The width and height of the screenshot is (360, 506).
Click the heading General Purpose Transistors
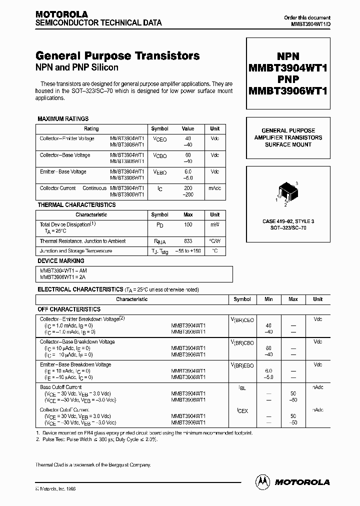[x=117, y=56]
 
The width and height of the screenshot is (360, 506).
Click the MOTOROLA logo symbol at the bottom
[x=261, y=481]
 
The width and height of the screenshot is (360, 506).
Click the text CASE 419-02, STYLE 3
[x=288, y=220]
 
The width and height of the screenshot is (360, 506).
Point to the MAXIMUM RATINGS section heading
[x=63, y=119]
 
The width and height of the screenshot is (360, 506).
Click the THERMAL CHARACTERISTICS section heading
[x=76, y=205]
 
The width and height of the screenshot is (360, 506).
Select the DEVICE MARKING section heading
[x=61, y=261]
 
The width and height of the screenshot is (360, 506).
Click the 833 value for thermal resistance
[x=188, y=241]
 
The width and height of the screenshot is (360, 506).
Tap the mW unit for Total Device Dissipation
[x=215, y=225]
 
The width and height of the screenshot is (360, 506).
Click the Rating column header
[x=91, y=128]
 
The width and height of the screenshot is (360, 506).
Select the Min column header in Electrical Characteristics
[x=268, y=299]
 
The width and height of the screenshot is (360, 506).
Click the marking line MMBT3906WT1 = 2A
[x=63, y=276]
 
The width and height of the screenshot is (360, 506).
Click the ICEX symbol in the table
[x=242, y=411]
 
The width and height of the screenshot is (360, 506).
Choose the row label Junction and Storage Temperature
[x=76, y=251]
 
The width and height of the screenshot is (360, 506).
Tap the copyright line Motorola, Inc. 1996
[x=58, y=489]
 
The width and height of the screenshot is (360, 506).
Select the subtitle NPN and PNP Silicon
[x=76, y=67]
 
